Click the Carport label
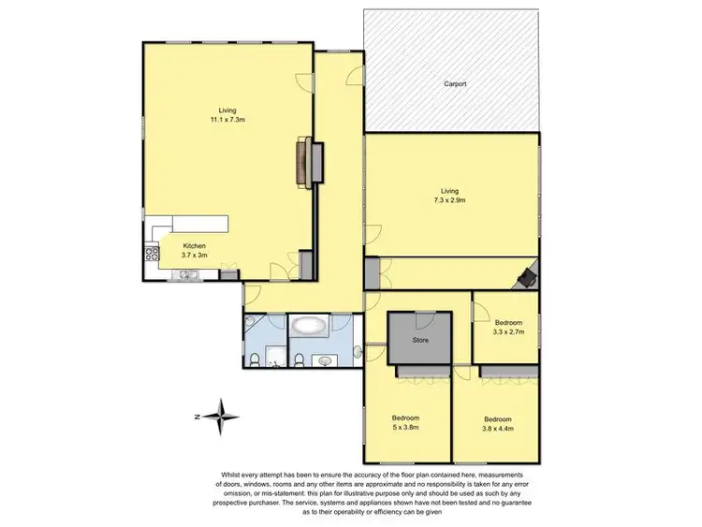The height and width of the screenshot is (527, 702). click(x=455, y=84)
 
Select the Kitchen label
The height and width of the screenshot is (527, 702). click(x=194, y=246)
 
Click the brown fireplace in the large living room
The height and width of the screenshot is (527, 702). click(x=303, y=161)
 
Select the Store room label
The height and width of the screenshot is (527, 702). click(x=421, y=340)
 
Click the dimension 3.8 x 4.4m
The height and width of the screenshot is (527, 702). click(x=497, y=428)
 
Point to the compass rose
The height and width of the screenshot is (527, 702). click(x=222, y=415)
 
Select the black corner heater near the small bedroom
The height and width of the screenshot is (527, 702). click(x=530, y=273)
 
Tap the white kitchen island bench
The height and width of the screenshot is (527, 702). click(x=200, y=224)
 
